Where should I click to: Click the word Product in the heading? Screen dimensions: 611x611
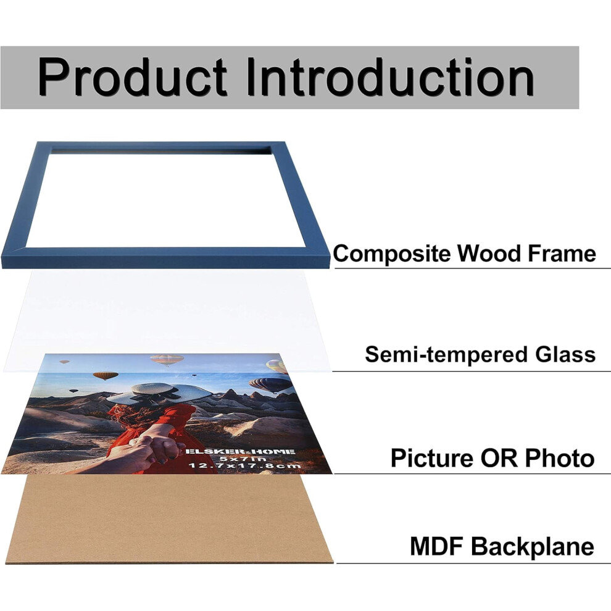pyautogui.click(x=132, y=77)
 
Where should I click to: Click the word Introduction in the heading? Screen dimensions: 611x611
pyautogui.click(x=391, y=77)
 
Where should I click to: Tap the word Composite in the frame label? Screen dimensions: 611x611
pyautogui.click(x=392, y=254)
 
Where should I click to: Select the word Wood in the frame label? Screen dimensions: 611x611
pyautogui.click(x=489, y=253)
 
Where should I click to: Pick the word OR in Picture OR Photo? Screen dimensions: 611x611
pyautogui.click(x=499, y=457)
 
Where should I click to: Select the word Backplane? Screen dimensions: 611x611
pyautogui.click(x=532, y=547)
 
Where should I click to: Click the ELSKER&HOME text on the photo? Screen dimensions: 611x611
pyautogui.click(x=239, y=452)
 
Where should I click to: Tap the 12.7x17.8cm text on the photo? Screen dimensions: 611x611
pyautogui.click(x=245, y=465)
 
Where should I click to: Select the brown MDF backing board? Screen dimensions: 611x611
pyautogui.click(x=170, y=519)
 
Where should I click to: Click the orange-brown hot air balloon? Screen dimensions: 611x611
pyautogui.click(x=106, y=376)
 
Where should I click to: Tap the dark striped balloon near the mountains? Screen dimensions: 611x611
pyautogui.click(x=270, y=385)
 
